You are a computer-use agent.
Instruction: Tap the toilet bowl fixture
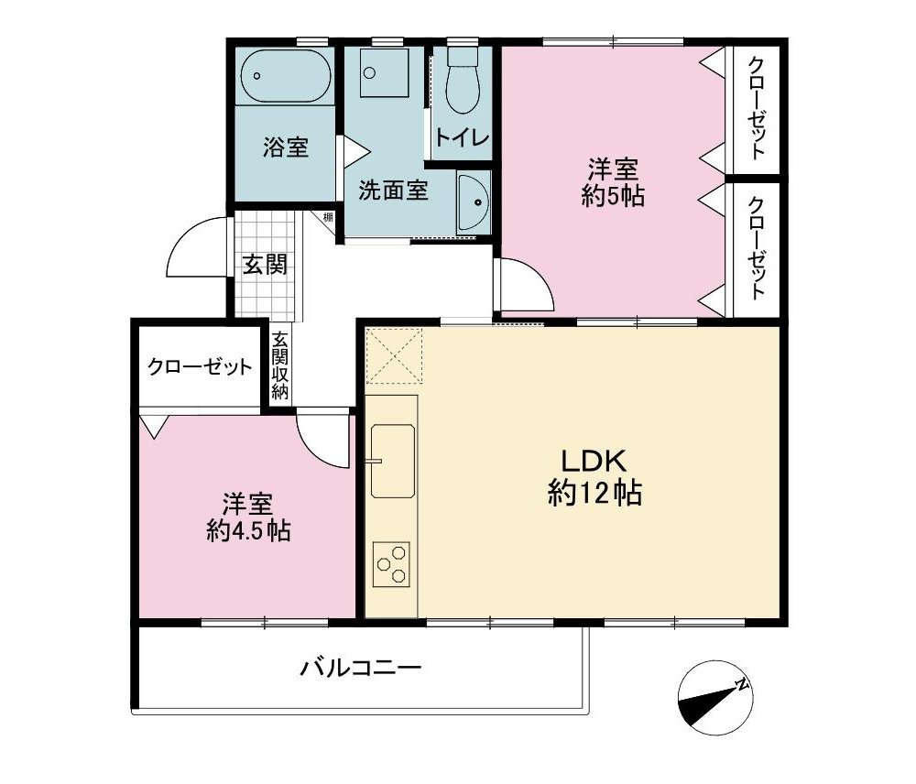tap(463, 81)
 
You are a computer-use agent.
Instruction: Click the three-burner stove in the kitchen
tap(391, 564)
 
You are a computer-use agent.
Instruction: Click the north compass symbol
tap(715, 699)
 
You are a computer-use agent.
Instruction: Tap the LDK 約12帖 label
tap(594, 477)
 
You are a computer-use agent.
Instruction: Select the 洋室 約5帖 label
tap(612, 182)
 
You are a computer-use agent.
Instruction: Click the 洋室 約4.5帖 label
tap(248, 517)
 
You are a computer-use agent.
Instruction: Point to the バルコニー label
tap(360, 668)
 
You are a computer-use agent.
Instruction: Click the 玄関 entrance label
tap(266, 266)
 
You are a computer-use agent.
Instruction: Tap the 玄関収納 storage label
tap(279, 365)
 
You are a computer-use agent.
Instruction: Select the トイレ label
tap(462, 138)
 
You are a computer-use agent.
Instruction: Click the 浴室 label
tap(285, 147)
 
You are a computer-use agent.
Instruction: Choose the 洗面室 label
tap(393, 190)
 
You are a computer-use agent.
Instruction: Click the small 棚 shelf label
tap(328, 218)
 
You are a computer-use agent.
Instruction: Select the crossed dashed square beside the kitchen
tap(393, 355)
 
